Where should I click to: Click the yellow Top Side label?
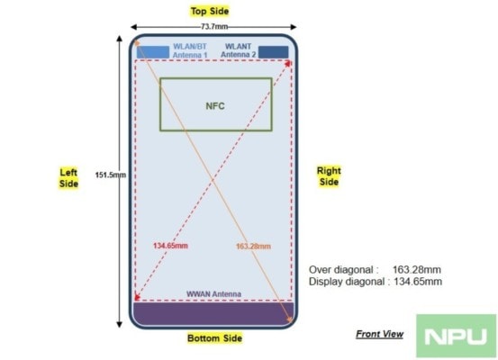[x=210, y=12]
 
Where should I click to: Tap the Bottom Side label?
[x=214, y=338]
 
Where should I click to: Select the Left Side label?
[x=68, y=178]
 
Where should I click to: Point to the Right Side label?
[x=329, y=176]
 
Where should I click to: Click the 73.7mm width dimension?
[x=214, y=27]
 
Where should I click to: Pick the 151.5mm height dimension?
[x=111, y=175]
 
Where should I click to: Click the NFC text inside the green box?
[x=215, y=105]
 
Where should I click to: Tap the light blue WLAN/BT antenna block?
[x=153, y=52]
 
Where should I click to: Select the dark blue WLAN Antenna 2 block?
[x=274, y=52]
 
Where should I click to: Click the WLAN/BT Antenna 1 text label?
[x=190, y=50]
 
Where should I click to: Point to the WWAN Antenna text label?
[x=213, y=294]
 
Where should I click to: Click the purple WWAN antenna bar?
[x=213, y=314]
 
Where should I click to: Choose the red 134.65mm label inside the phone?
[x=170, y=246]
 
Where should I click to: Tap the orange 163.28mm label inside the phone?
[x=253, y=247]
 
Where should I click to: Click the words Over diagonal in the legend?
[x=344, y=270]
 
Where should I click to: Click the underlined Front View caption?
[x=379, y=334]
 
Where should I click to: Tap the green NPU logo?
[x=456, y=337]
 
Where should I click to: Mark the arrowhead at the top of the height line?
[x=119, y=39]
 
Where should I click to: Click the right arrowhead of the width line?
[x=294, y=27]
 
